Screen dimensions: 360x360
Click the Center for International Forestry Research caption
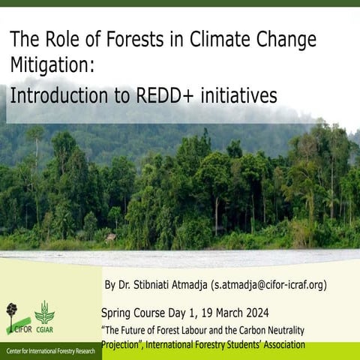click(51, 351)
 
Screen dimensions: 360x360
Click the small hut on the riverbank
click(111, 237)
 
